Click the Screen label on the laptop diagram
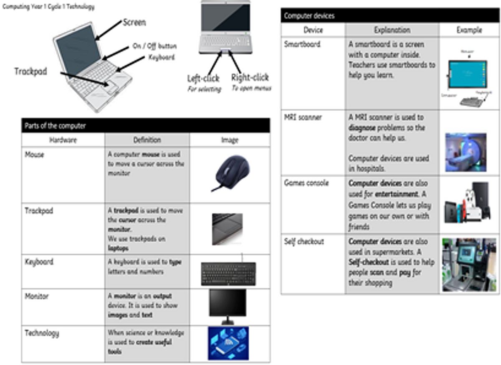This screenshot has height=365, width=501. [x=134, y=23]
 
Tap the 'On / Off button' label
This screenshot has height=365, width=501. [x=154, y=46]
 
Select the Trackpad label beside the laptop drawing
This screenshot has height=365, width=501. [x=30, y=71]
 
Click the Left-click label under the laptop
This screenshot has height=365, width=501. [x=203, y=78]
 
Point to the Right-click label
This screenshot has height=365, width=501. [x=250, y=77]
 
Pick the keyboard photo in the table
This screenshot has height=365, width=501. [x=228, y=274]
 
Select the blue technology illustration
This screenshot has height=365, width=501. [x=228, y=343]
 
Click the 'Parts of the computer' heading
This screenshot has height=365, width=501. [x=54, y=126]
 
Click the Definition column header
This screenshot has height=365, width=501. [x=147, y=140]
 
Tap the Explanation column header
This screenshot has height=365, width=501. [x=392, y=30]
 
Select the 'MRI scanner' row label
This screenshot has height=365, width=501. [x=303, y=118]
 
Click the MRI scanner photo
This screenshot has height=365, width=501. [x=466, y=152]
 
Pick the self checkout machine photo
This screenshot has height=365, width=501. [x=468, y=264]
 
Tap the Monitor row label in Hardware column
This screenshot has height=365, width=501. [x=37, y=297]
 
